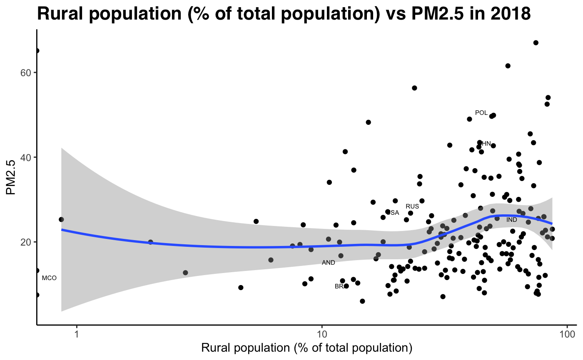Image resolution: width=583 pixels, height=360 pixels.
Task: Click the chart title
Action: coord(284,14)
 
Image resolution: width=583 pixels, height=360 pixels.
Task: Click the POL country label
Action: coord(481,113)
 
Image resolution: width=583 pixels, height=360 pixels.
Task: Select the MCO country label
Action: coord(49,278)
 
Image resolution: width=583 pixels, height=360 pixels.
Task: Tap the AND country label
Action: coord(328,263)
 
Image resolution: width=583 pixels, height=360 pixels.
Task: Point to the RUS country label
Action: coord(412,206)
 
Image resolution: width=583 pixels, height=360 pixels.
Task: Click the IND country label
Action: coord(512,220)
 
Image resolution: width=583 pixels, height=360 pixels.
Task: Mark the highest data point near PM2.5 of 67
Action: coord(536,42)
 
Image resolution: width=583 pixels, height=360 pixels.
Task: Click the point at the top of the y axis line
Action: coord(37,51)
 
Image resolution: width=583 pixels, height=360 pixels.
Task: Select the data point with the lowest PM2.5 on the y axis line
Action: coord(37,295)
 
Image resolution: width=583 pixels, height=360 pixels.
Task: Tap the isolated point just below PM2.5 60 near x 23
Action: coord(414,88)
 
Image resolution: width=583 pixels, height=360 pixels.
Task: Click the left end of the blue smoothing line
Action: coord(62,229)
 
